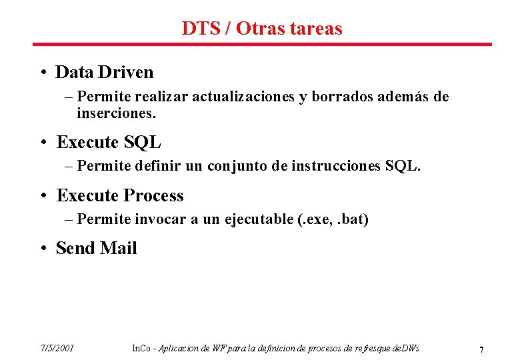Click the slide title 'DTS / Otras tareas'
pyautogui.click(x=261, y=29)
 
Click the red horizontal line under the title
pyautogui.click(x=261, y=45)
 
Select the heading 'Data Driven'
pyautogui.click(x=105, y=72)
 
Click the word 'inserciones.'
pyautogui.click(x=116, y=113)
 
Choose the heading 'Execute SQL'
pyautogui.click(x=109, y=143)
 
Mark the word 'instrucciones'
pyautogui.click(x=337, y=165)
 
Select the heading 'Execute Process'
pyautogui.click(x=120, y=196)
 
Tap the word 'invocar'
pyautogui.click(x=160, y=219)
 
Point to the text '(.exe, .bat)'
pyautogui.click(x=333, y=219)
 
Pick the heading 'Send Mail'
pyautogui.click(x=97, y=249)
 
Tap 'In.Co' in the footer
pyautogui.click(x=141, y=348)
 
